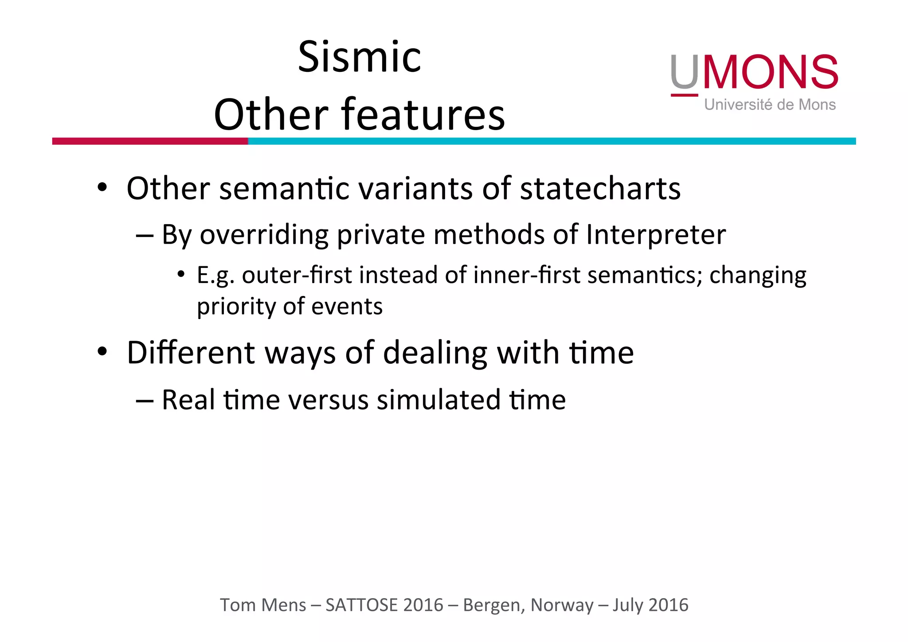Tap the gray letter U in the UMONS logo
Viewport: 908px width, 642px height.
(x=684, y=72)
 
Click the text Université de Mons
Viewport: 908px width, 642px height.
(x=770, y=105)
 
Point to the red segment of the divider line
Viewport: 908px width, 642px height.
(x=150, y=141)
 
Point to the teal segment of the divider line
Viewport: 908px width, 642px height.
(x=552, y=141)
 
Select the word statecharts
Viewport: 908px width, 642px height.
(x=600, y=189)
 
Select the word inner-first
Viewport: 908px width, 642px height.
(x=527, y=275)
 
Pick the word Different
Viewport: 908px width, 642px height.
(x=191, y=353)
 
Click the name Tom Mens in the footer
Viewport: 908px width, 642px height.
(x=263, y=605)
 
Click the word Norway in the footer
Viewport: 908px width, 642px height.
(x=562, y=605)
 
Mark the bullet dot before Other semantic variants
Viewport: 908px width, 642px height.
(x=102, y=187)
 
